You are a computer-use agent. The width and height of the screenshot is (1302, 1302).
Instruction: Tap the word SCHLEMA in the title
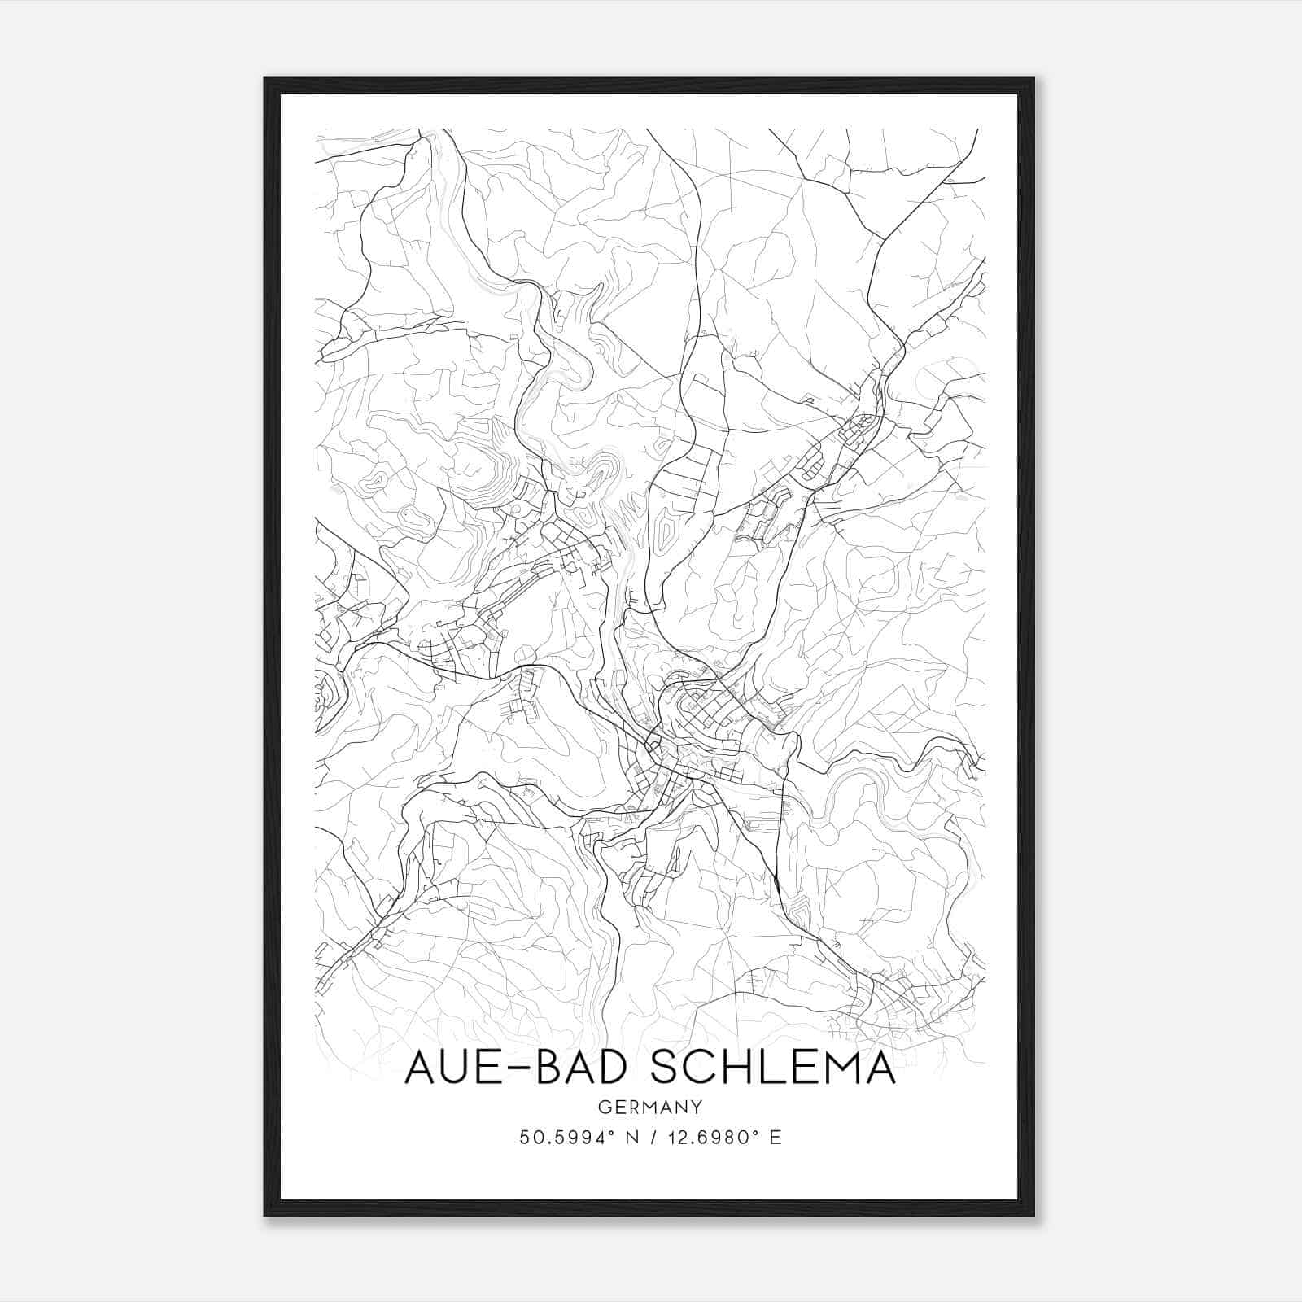click(773, 1067)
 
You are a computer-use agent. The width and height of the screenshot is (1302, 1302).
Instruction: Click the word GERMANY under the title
click(650, 1108)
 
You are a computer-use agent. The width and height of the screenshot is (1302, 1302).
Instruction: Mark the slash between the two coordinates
click(653, 1138)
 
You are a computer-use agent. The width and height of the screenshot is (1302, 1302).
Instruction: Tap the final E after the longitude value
click(776, 1138)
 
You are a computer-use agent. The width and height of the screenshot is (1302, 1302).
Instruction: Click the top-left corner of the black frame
click(265, 79)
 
